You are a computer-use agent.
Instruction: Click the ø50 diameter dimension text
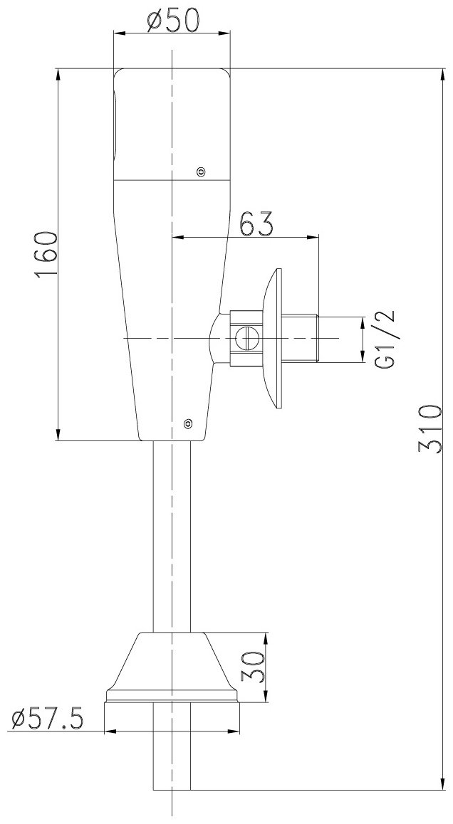click(173, 21)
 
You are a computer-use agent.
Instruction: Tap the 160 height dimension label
click(46, 255)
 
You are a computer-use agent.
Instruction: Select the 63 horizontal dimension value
click(256, 224)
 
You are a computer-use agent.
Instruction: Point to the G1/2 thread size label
click(385, 339)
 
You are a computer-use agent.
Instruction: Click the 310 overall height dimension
click(429, 428)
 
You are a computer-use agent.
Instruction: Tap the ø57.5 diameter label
click(47, 719)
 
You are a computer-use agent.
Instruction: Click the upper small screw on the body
click(200, 171)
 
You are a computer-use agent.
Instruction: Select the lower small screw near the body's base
click(187, 423)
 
